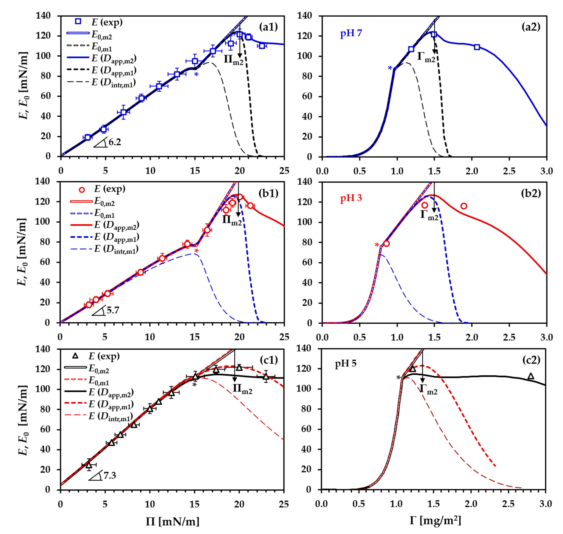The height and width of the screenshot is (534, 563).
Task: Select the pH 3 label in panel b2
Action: pyautogui.click(x=351, y=198)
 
